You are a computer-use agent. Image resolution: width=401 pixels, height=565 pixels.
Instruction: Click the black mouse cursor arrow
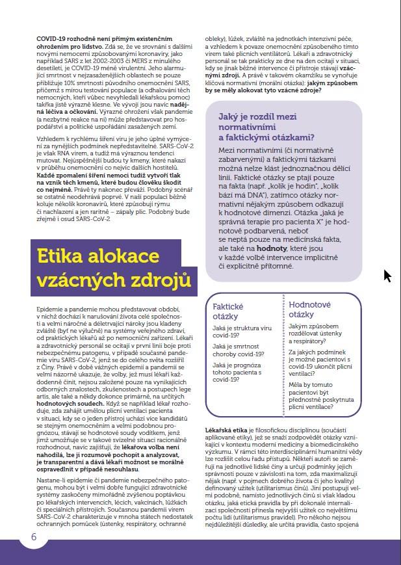[x=387, y=276]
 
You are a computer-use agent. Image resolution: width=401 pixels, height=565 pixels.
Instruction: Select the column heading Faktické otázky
[x=228, y=311]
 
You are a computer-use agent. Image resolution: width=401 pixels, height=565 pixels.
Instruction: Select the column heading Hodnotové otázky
[x=310, y=309]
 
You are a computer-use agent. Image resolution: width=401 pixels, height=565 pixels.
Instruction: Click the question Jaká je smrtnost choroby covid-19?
[x=239, y=350]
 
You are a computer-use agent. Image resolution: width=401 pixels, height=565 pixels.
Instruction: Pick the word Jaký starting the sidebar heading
[x=233, y=118]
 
